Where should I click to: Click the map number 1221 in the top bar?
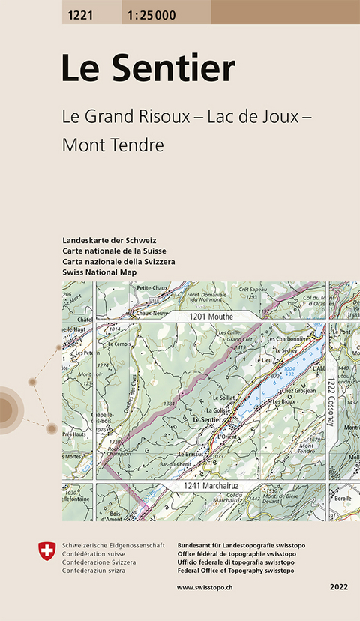coord(80,12)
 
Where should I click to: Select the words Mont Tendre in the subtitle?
coord(112,145)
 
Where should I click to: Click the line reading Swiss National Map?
coord(100,271)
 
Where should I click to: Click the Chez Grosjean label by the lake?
coord(297,391)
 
